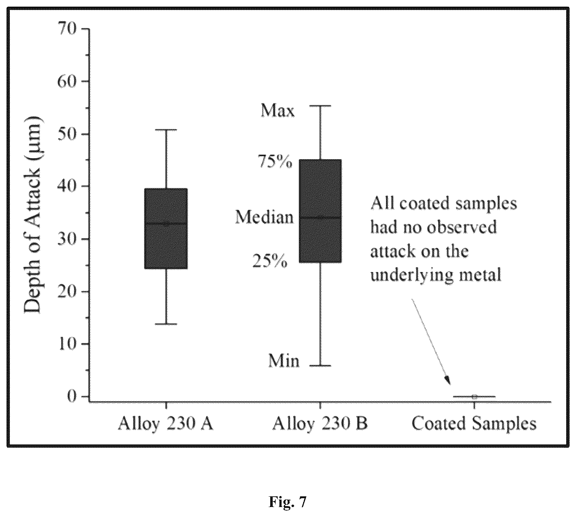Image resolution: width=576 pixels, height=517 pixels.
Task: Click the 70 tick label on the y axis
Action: [x=67, y=29]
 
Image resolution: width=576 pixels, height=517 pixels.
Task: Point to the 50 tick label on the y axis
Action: [x=67, y=134]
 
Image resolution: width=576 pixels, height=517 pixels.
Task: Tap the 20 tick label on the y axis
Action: [x=67, y=292]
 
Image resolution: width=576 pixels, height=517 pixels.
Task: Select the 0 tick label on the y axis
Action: [x=72, y=396]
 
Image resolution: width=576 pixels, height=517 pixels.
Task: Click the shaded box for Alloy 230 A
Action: [x=166, y=228]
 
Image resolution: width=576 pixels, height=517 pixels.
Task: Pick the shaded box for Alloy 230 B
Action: [x=321, y=211]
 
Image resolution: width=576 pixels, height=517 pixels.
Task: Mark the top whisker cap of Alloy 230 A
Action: [x=166, y=130]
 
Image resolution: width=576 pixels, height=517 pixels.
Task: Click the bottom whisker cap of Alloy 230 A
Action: [x=166, y=324]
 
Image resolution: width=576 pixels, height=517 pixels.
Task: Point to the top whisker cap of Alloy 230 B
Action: [x=321, y=106]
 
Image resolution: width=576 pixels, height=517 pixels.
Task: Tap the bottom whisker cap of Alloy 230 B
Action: [x=321, y=366]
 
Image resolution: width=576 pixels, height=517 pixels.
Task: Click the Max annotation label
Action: [x=278, y=111]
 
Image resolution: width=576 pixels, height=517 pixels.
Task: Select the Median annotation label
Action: [x=264, y=217]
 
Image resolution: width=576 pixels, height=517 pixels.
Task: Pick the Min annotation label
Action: [x=284, y=361]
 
